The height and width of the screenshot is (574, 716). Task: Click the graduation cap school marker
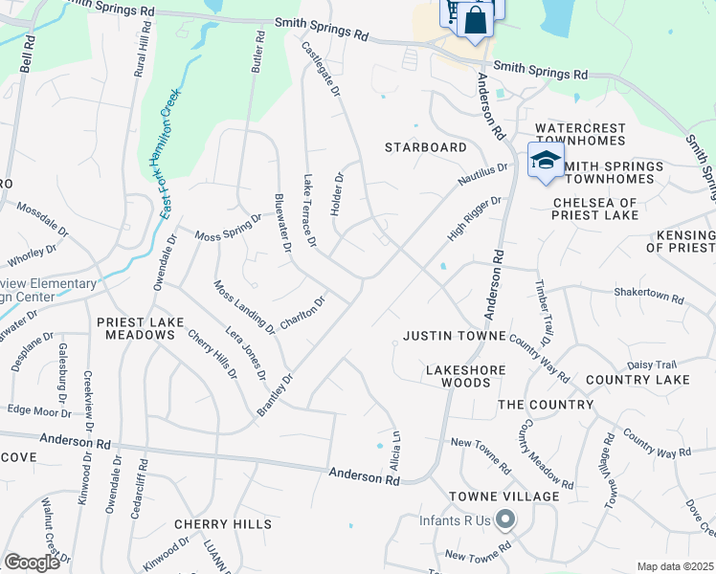click(x=545, y=159)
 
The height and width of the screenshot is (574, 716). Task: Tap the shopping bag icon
click(x=475, y=19)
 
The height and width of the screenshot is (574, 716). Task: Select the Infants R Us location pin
click(x=505, y=521)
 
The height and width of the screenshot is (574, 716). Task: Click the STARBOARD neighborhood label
click(x=426, y=147)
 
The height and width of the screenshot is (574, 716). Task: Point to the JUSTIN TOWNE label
click(x=454, y=337)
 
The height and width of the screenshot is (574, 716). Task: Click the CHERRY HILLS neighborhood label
click(x=223, y=524)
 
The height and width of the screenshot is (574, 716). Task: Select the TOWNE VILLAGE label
click(x=504, y=497)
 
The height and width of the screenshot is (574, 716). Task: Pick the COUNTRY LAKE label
click(x=638, y=380)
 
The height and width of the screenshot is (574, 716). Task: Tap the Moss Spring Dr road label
click(x=228, y=229)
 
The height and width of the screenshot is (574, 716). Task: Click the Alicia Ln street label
click(x=394, y=446)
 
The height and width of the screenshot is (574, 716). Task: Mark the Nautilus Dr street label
click(x=482, y=176)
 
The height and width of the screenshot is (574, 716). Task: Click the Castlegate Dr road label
click(x=323, y=70)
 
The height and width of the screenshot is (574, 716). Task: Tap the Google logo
click(x=32, y=562)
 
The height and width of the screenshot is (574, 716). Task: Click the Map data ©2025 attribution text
click(x=675, y=566)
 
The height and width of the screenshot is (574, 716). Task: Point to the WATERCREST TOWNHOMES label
click(x=580, y=134)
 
